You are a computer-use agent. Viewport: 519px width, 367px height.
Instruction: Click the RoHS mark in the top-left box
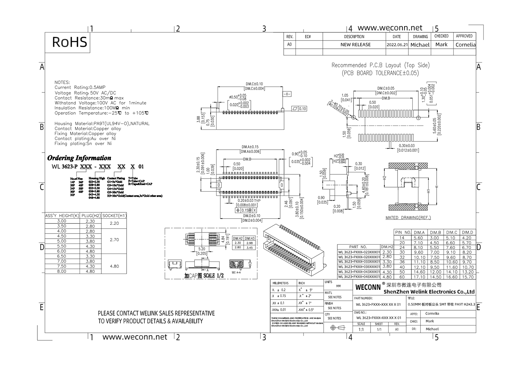[69, 42]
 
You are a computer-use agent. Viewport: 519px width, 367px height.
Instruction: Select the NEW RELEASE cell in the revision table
[355, 45]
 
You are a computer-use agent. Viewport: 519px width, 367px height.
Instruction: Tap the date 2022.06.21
[397, 45]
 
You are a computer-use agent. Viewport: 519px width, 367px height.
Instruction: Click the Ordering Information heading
[79, 158]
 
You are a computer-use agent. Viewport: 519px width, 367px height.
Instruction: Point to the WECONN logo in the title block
[367, 287]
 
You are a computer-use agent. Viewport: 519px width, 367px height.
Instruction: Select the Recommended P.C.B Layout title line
[380, 65]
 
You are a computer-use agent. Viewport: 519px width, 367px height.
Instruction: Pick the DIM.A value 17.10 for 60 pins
[419, 277]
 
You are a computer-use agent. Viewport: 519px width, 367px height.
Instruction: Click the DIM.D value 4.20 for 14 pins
[467, 238]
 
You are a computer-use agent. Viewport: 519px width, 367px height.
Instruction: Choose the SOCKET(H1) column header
[114, 215]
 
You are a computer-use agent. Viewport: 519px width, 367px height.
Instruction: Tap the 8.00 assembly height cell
[62, 271]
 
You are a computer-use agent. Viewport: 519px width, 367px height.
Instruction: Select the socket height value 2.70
[114, 239]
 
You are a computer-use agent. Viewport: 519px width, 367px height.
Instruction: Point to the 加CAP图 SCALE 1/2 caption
[204, 275]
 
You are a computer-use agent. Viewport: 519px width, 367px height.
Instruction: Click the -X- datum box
[287, 94]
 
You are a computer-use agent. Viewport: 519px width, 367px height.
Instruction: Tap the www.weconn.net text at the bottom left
[135, 337]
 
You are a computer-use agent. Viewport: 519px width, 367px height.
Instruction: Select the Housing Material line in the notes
[102, 123]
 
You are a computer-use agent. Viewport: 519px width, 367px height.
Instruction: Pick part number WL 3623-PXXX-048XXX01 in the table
[359, 277]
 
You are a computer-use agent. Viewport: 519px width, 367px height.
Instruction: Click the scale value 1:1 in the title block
[361, 329]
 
